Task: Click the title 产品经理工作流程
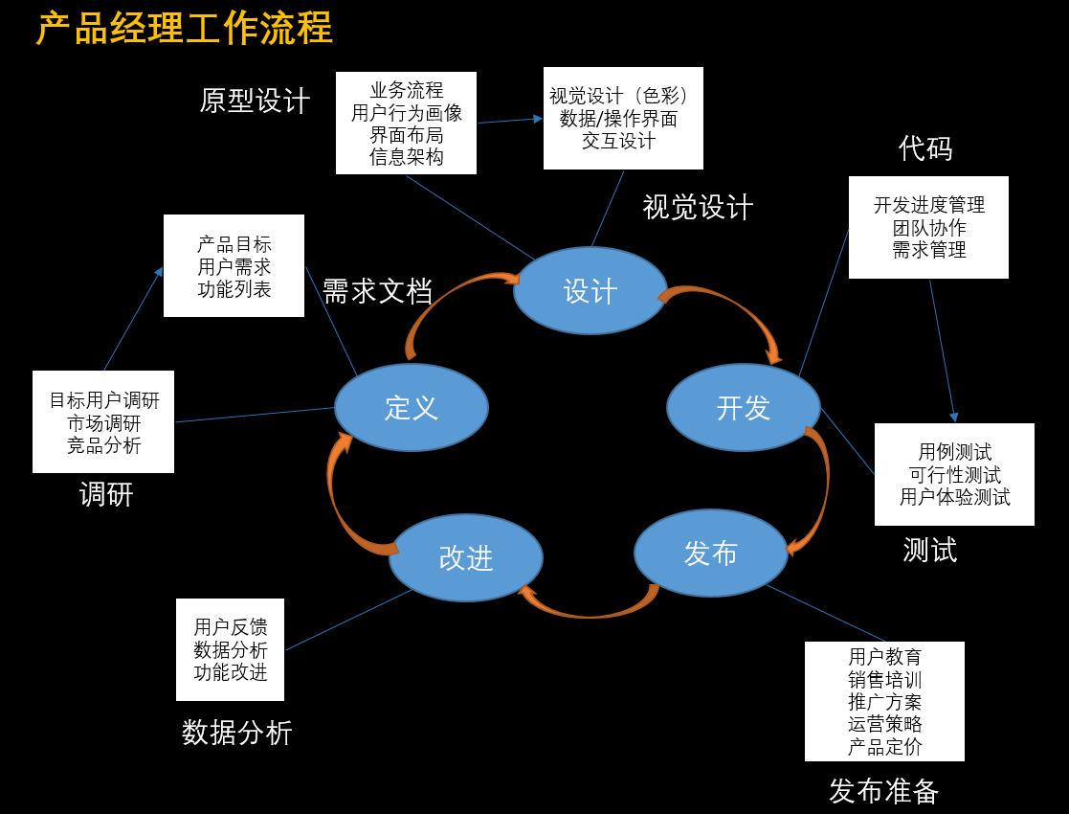185,28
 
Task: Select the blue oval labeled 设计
590,291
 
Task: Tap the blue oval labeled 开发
743,407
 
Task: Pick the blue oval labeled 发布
710,553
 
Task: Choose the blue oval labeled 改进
465,557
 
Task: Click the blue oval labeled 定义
411,407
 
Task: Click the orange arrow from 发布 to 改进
589,609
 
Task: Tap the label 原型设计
255,101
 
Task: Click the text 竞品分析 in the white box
103,444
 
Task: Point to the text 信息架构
406,156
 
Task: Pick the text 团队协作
928,228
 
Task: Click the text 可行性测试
954,474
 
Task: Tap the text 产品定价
884,747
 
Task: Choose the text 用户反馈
230,626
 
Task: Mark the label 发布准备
883,791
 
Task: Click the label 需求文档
377,291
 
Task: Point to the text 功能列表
234,288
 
